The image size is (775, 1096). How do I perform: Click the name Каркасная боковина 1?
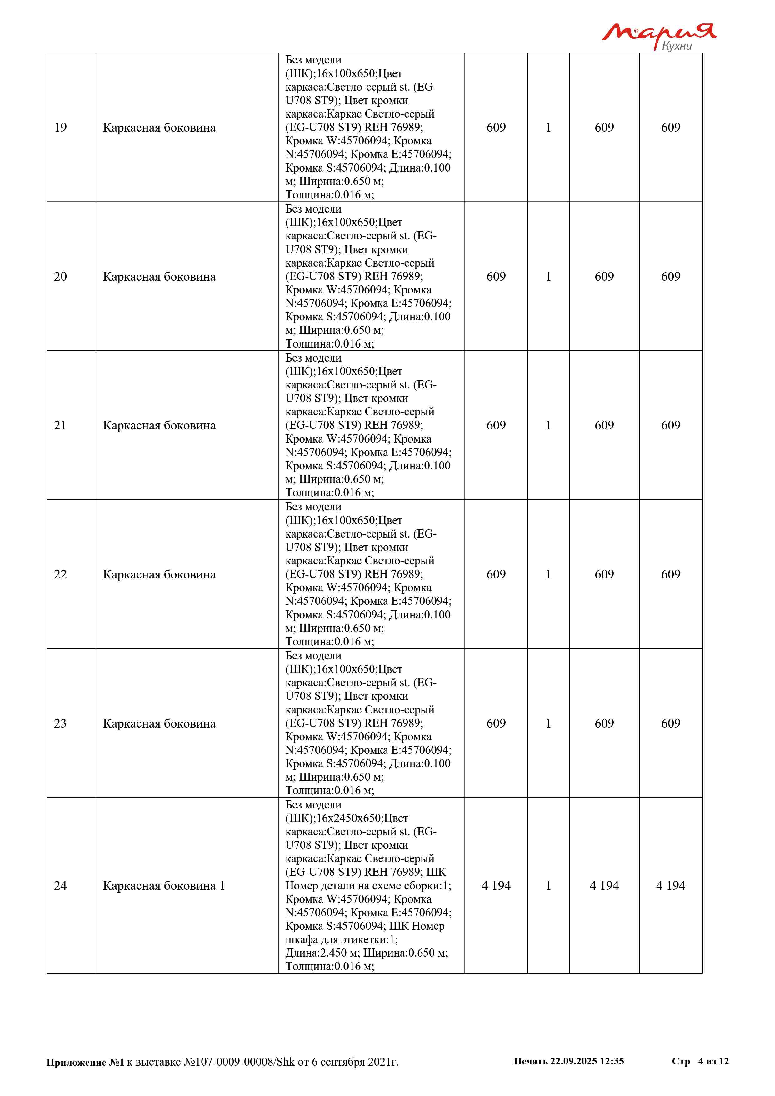pyautogui.click(x=164, y=885)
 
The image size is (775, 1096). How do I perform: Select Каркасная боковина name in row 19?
pyautogui.click(x=159, y=128)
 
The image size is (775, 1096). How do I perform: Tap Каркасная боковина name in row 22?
pyautogui.click(x=159, y=574)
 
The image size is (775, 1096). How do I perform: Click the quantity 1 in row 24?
pyautogui.click(x=548, y=885)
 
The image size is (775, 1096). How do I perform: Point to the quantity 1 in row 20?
pyautogui.click(x=548, y=276)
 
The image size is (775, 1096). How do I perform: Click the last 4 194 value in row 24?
pyautogui.click(x=671, y=885)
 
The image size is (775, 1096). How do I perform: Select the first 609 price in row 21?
pyautogui.click(x=496, y=425)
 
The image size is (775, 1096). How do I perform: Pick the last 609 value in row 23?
pyautogui.click(x=671, y=723)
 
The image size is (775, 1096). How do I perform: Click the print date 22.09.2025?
pyautogui.click(x=573, y=1061)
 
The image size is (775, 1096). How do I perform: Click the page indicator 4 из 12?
pyautogui.click(x=713, y=1061)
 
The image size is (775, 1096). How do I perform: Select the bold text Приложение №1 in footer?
pyautogui.click(x=85, y=1062)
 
